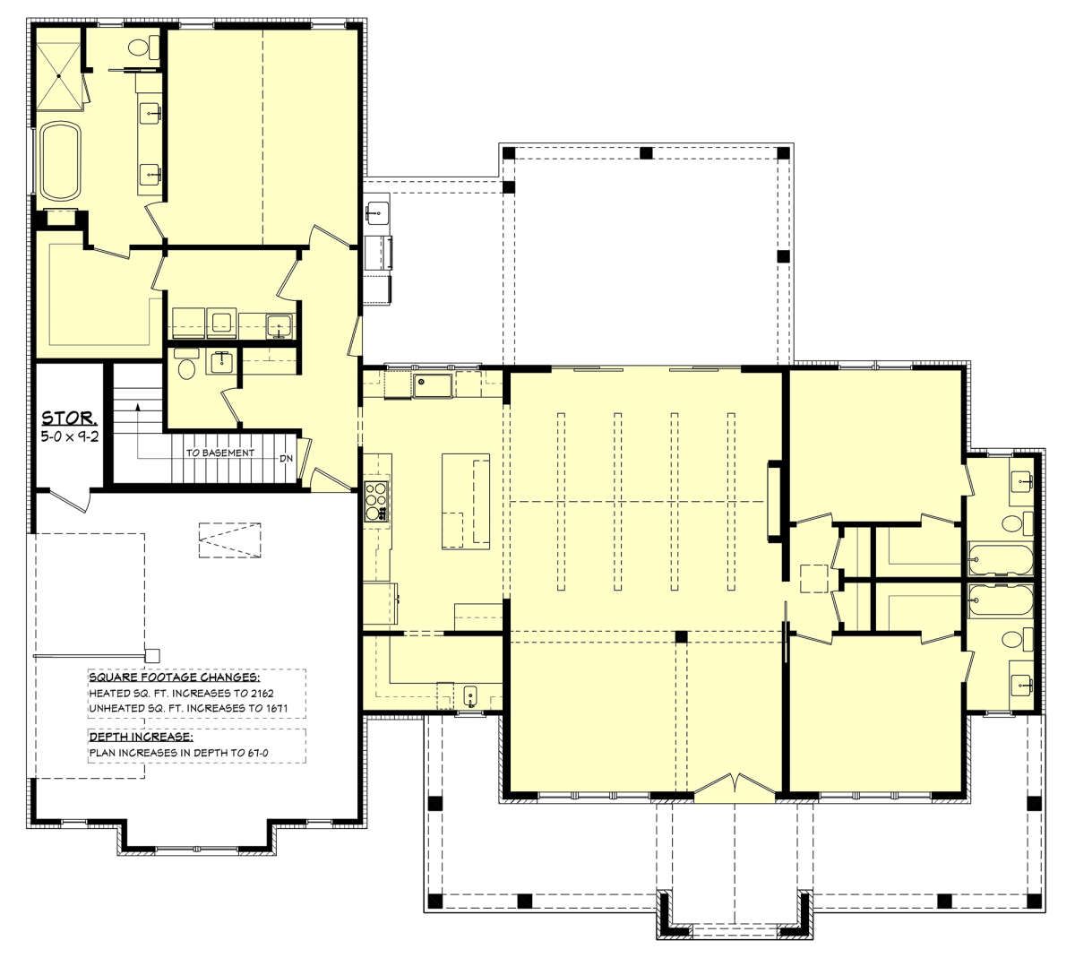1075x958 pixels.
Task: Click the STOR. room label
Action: (70, 419)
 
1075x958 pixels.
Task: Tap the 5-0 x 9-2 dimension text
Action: (70, 436)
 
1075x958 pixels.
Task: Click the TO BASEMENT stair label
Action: (219, 453)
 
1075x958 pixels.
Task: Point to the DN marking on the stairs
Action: (286, 459)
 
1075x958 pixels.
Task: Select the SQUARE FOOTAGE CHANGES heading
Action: (174, 678)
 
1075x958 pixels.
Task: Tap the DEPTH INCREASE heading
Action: (141, 737)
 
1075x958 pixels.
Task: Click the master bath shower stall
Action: (59, 76)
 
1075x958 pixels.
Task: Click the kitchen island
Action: (466, 501)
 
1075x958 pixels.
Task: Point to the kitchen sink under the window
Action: (433, 385)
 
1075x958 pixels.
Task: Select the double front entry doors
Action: (735, 787)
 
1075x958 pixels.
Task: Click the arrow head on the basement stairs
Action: (138, 408)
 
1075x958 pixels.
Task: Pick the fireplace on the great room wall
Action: (775, 503)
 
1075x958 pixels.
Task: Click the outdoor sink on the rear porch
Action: (377, 212)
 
